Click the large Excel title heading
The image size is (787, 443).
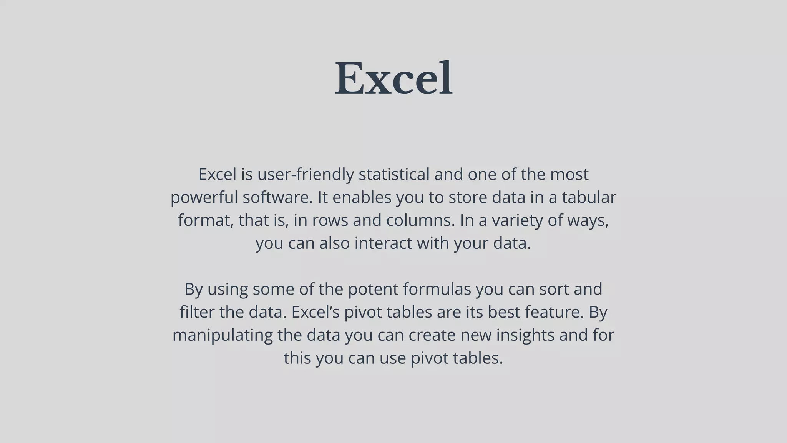pyautogui.click(x=393, y=78)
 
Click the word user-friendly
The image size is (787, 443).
pyautogui.click(x=306, y=175)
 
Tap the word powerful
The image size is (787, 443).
pyautogui.click(x=204, y=198)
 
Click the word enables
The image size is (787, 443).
pyautogui.click(x=362, y=198)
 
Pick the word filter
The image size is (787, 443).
pyautogui.click(x=197, y=312)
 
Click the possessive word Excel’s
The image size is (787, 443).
pyautogui.click(x=315, y=312)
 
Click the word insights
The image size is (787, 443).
pyautogui.click(x=525, y=335)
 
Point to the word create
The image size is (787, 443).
pyautogui.click(x=432, y=335)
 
